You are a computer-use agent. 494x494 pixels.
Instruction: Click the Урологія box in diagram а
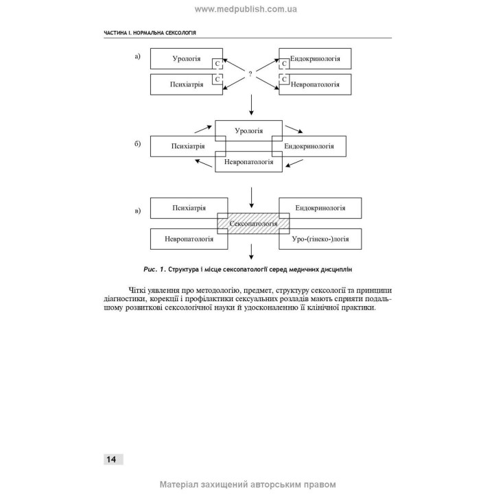click(x=185, y=59)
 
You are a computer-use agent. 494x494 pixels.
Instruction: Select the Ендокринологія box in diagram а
click(x=316, y=59)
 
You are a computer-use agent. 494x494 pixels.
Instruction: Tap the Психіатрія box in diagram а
click(x=185, y=85)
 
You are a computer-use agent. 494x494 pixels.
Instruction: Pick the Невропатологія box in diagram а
click(x=316, y=85)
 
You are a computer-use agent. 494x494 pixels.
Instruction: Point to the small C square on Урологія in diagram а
click(x=217, y=63)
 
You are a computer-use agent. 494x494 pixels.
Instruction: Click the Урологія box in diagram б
click(x=248, y=130)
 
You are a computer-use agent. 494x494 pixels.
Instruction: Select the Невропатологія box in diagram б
click(x=248, y=162)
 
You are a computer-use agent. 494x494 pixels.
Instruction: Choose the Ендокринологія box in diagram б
click(x=310, y=146)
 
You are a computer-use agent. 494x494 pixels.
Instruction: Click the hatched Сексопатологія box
click(x=252, y=224)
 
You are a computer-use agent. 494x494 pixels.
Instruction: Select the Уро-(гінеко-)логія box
click(x=320, y=239)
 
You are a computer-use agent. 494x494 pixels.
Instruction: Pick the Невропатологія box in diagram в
click(x=189, y=239)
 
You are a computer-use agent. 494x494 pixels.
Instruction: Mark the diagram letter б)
click(x=137, y=145)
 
